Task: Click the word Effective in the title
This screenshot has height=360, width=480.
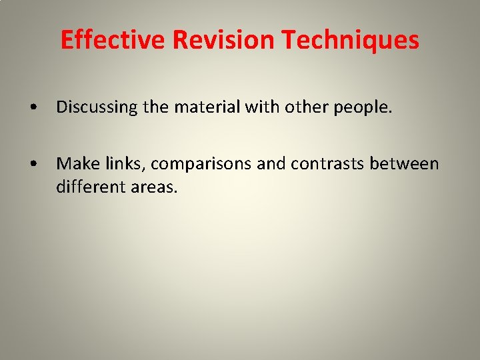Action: pos(113,40)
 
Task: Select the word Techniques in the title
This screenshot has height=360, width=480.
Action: pos(351,40)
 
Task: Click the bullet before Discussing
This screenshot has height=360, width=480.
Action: pos(33,107)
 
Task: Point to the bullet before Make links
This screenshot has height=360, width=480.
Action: pos(33,164)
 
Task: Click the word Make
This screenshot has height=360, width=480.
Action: pos(74,163)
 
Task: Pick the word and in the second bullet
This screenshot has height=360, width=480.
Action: pos(270,163)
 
